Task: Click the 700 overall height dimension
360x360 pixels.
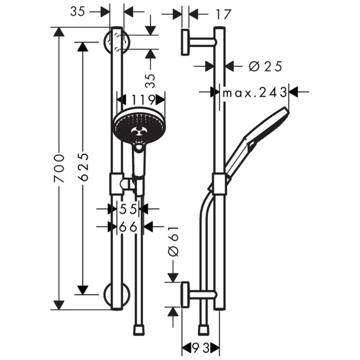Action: click(x=60, y=169)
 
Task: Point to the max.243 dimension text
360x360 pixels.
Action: click(x=255, y=93)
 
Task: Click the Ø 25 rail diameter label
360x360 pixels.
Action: click(x=265, y=66)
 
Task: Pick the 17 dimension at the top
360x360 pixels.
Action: click(x=222, y=15)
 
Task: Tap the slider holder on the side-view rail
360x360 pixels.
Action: click(x=219, y=184)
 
